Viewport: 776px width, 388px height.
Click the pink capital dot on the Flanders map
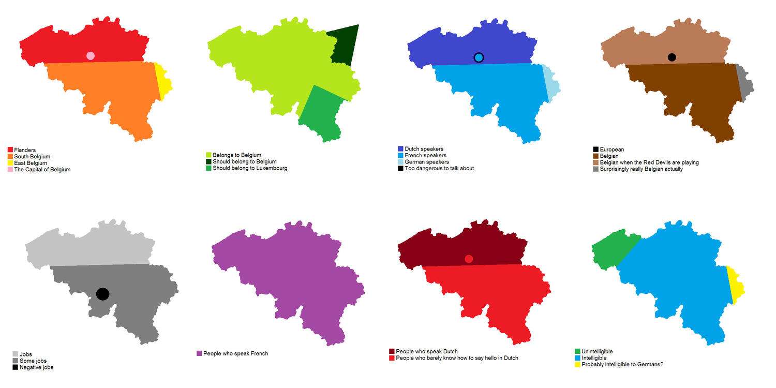tap(91, 56)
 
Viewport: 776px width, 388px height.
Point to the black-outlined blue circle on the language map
tap(479, 57)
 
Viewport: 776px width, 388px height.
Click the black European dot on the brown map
tap(671, 57)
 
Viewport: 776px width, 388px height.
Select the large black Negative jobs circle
tap(102, 294)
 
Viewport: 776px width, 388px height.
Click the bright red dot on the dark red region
tap(469, 259)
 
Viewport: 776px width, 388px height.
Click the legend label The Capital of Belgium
tap(42, 169)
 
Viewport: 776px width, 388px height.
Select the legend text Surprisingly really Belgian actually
tap(641, 169)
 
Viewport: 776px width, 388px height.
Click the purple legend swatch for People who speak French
tap(199, 353)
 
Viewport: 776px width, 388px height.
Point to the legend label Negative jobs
tap(36, 367)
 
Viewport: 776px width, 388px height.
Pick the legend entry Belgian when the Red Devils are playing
tap(649, 162)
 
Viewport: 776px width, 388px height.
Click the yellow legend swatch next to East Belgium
tap(10, 163)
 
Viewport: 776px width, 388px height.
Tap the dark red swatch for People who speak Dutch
tap(392, 351)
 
